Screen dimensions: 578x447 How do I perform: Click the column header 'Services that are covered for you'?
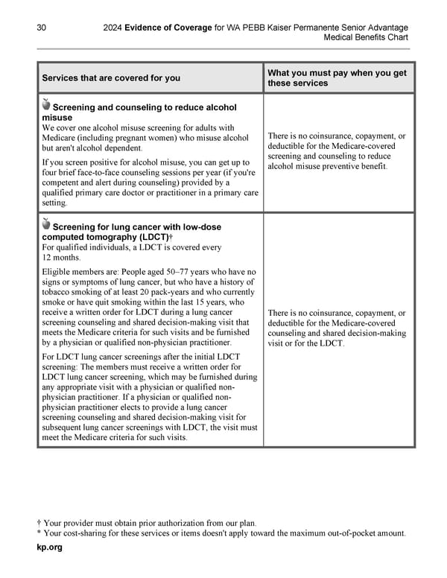111,78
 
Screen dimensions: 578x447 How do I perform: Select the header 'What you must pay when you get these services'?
337,77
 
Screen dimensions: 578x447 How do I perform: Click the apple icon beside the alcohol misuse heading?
46,104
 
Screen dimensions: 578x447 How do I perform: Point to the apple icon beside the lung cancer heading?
46,223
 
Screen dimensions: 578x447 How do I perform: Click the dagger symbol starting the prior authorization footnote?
39,522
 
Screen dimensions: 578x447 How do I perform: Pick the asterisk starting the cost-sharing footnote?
39,533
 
